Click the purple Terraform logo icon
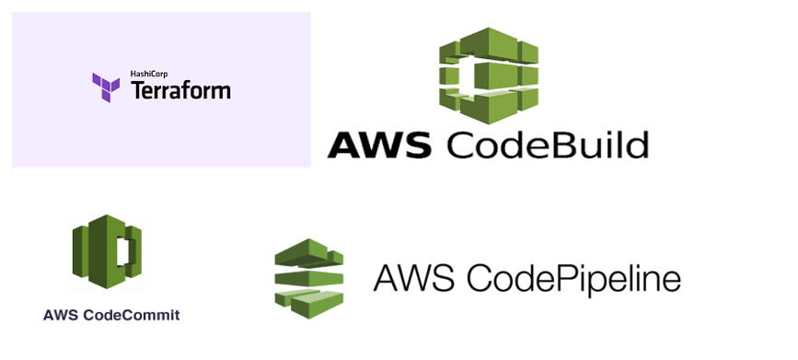pyautogui.click(x=106, y=87)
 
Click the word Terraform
pyautogui.click(x=181, y=90)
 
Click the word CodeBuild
pyautogui.click(x=549, y=146)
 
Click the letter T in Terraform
pyautogui.click(x=137, y=90)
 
